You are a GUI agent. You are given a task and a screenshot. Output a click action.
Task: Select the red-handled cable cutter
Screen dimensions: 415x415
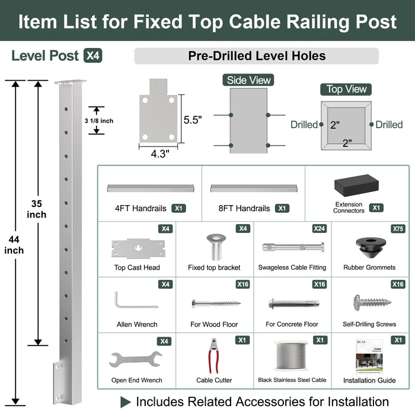pos(214,356)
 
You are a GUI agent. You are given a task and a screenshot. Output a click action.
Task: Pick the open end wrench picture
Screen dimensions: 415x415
pos(136,359)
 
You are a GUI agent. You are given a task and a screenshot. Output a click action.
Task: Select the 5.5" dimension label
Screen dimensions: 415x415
pos(193,119)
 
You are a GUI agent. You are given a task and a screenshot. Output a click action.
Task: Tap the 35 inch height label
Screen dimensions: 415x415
pos(37,209)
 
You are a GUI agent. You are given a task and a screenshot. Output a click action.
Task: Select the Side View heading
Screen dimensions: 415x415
pos(248,80)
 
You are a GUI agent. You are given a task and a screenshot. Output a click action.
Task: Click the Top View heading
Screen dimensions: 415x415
pos(347,89)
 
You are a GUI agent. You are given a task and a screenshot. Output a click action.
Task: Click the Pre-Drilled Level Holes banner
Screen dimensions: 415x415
pos(256,56)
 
